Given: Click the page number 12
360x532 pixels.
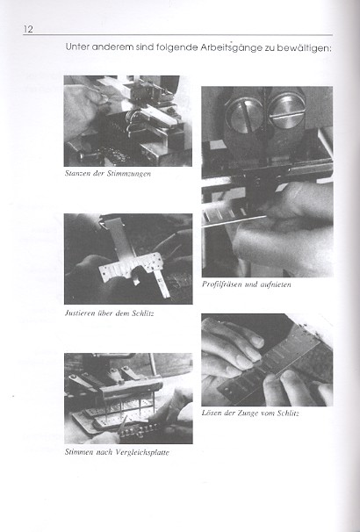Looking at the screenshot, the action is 28,29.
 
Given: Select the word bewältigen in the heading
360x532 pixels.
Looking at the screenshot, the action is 304,47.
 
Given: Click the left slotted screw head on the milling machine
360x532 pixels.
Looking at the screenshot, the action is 244,115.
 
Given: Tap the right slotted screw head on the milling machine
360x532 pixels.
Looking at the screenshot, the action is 286,111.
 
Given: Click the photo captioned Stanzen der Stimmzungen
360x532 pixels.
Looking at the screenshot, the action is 127,121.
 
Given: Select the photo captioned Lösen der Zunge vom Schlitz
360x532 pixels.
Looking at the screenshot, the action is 267,360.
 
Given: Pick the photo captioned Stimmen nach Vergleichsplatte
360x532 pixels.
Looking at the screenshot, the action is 128,399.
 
